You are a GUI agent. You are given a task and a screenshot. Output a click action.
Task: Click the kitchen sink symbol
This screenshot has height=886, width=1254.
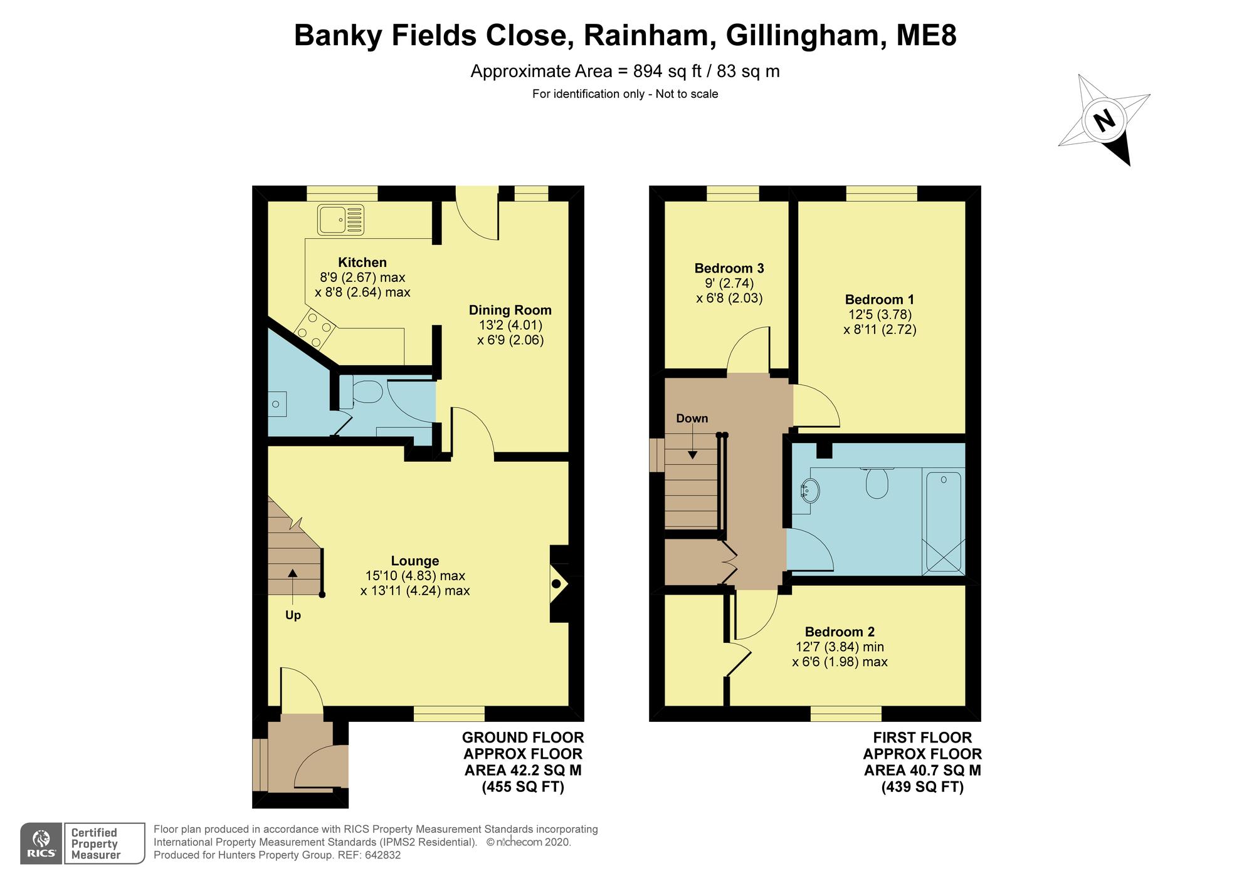(x=341, y=219)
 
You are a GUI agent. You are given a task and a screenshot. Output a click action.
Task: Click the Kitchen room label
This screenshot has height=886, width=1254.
(x=362, y=263)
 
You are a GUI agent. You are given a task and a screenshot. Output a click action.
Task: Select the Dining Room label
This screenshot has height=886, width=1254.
(x=510, y=310)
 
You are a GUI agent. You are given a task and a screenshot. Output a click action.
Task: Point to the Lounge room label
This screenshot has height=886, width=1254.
(x=415, y=561)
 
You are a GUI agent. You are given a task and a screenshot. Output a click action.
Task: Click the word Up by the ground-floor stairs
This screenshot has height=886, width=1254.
(x=293, y=615)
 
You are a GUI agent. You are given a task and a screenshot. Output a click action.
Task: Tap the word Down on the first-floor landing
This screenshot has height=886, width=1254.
(x=692, y=419)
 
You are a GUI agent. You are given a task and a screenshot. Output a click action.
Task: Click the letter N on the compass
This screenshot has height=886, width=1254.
(x=1104, y=120)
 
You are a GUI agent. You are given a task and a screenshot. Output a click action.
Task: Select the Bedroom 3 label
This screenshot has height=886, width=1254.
(x=729, y=268)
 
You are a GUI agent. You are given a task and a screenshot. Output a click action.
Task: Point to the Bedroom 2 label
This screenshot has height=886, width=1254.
(x=840, y=632)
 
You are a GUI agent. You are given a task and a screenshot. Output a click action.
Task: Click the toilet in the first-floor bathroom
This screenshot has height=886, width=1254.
(x=877, y=483)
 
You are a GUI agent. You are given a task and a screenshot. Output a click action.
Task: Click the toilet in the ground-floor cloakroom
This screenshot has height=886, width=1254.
(x=366, y=392)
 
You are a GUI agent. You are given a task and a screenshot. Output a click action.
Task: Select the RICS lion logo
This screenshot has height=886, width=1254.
(x=41, y=843)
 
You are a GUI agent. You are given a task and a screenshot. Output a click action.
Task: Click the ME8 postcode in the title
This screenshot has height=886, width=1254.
(x=926, y=35)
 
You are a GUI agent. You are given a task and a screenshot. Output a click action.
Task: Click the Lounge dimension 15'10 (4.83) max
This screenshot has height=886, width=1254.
(x=415, y=576)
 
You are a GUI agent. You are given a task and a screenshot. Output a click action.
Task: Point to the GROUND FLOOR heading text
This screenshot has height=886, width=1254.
(x=523, y=737)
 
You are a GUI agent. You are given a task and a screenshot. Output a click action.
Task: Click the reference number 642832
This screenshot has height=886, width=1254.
(x=382, y=855)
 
